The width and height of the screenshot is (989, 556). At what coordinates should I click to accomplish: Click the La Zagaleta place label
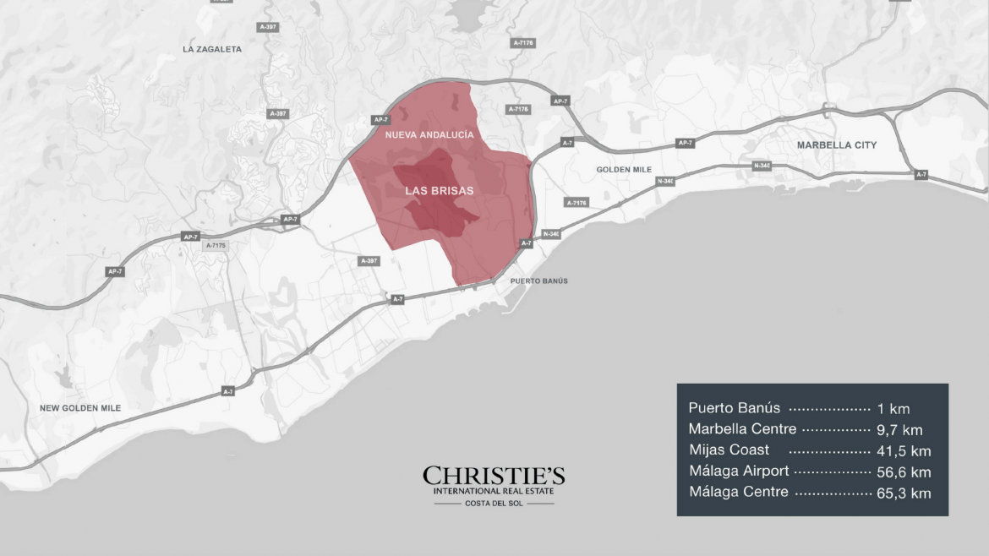[x=212, y=49]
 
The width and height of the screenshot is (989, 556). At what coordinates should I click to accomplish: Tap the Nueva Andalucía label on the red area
[x=429, y=134]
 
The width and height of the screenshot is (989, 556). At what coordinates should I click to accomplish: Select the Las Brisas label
[x=440, y=191]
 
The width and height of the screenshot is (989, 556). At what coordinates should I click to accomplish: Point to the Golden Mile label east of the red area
[x=625, y=170]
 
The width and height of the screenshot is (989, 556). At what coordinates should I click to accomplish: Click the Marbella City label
[x=837, y=145]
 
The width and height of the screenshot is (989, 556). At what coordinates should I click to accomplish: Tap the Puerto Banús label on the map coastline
[x=539, y=281]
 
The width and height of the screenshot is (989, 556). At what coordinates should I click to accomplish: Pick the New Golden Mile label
[x=80, y=408]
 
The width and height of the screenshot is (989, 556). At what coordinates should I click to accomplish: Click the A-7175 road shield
[x=216, y=245]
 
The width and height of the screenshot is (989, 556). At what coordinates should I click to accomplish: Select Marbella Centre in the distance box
[x=742, y=429]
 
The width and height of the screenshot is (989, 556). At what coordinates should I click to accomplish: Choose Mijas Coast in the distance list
[x=729, y=450]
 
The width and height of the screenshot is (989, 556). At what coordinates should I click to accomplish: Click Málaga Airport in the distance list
[x=739, y=471]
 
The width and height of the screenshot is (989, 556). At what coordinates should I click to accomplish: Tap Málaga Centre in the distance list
[x=739, y=492]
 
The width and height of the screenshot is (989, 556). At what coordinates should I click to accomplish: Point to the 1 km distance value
[x=893, y=409]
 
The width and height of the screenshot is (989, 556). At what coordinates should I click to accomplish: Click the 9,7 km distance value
[x=900, y=430]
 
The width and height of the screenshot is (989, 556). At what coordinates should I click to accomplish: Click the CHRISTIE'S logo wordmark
[x=494, y=476]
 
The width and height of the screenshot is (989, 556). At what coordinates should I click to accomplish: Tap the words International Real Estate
[x=494, y=491]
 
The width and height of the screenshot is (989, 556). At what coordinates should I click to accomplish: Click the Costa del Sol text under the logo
[x=494, y=504]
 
